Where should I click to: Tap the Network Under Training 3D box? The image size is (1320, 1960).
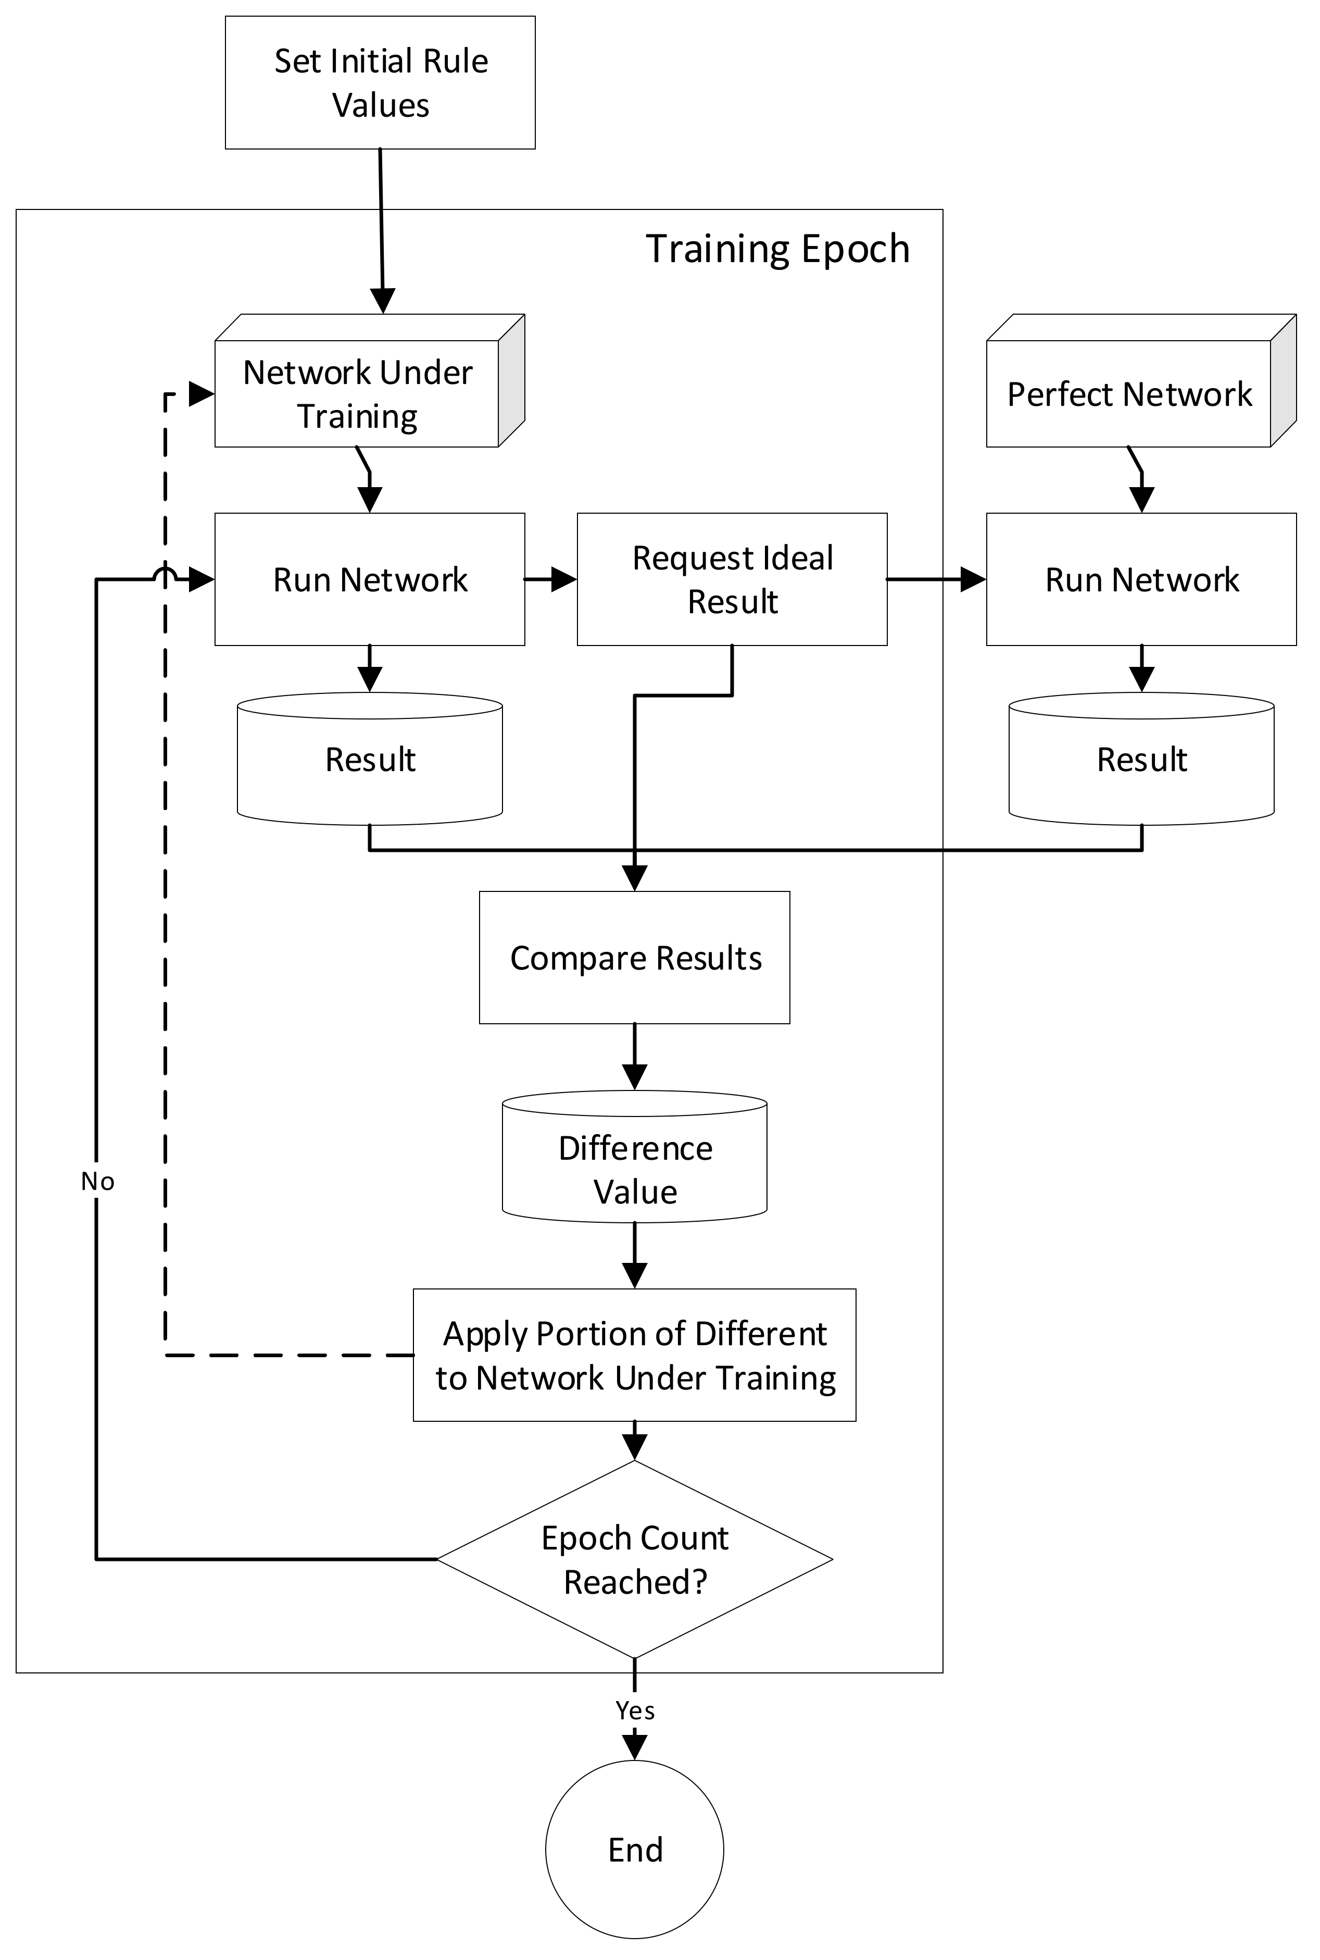(x=358, y=393)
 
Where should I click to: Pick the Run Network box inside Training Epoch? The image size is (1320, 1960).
(x=370, y=579)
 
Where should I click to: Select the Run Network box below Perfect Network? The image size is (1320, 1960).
(x=1141, y=579)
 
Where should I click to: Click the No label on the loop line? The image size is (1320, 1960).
(x=98, y=1182)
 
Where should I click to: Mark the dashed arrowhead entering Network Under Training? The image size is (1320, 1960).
(x=201, y=393)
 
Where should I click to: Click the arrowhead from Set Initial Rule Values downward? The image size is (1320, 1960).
(x=383, y=301)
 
